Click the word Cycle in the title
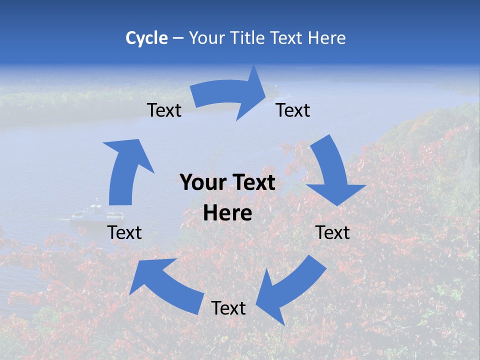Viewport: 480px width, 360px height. pyautogui.click(x=146, y=38)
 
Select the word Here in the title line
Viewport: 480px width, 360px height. pyautogui.click(x=327, y=38)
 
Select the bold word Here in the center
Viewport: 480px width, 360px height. pyautogui.click(x=227, y=213)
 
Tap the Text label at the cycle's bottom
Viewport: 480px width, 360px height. pyautogui.click(x=228, y=308)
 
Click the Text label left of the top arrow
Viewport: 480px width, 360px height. pyautogui.click(x=164, y=110)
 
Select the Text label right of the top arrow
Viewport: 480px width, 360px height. pyautogui.click(x=293, y=110)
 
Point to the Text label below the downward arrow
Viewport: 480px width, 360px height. pyautogui.click(x=332, y=232)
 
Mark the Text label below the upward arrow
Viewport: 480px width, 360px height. pyautogui.click(x=125, y=232)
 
